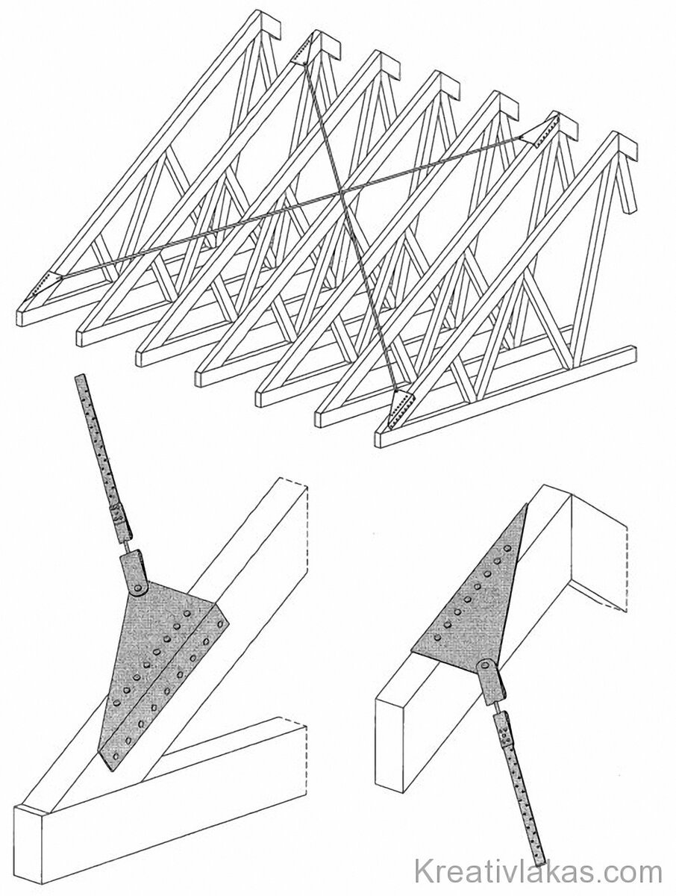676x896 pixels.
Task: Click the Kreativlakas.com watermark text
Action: [x=539, y=871]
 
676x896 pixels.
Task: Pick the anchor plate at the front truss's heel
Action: [x=398, y=409]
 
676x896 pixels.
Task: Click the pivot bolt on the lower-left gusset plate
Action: [x=139, y=588]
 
